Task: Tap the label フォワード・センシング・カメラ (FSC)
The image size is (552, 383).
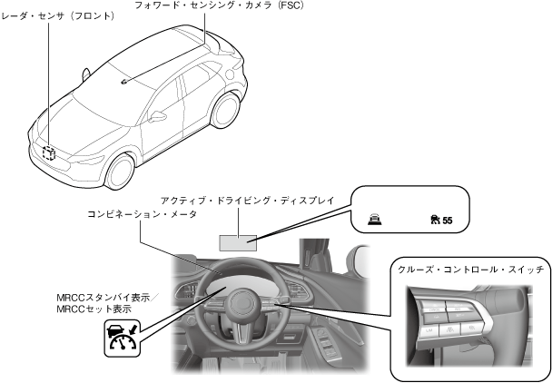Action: coord(232,5)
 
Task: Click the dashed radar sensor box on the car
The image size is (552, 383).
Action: coord(48,152)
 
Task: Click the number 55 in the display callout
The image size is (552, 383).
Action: coord(446,220)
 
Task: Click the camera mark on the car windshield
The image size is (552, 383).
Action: coord(123,79)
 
